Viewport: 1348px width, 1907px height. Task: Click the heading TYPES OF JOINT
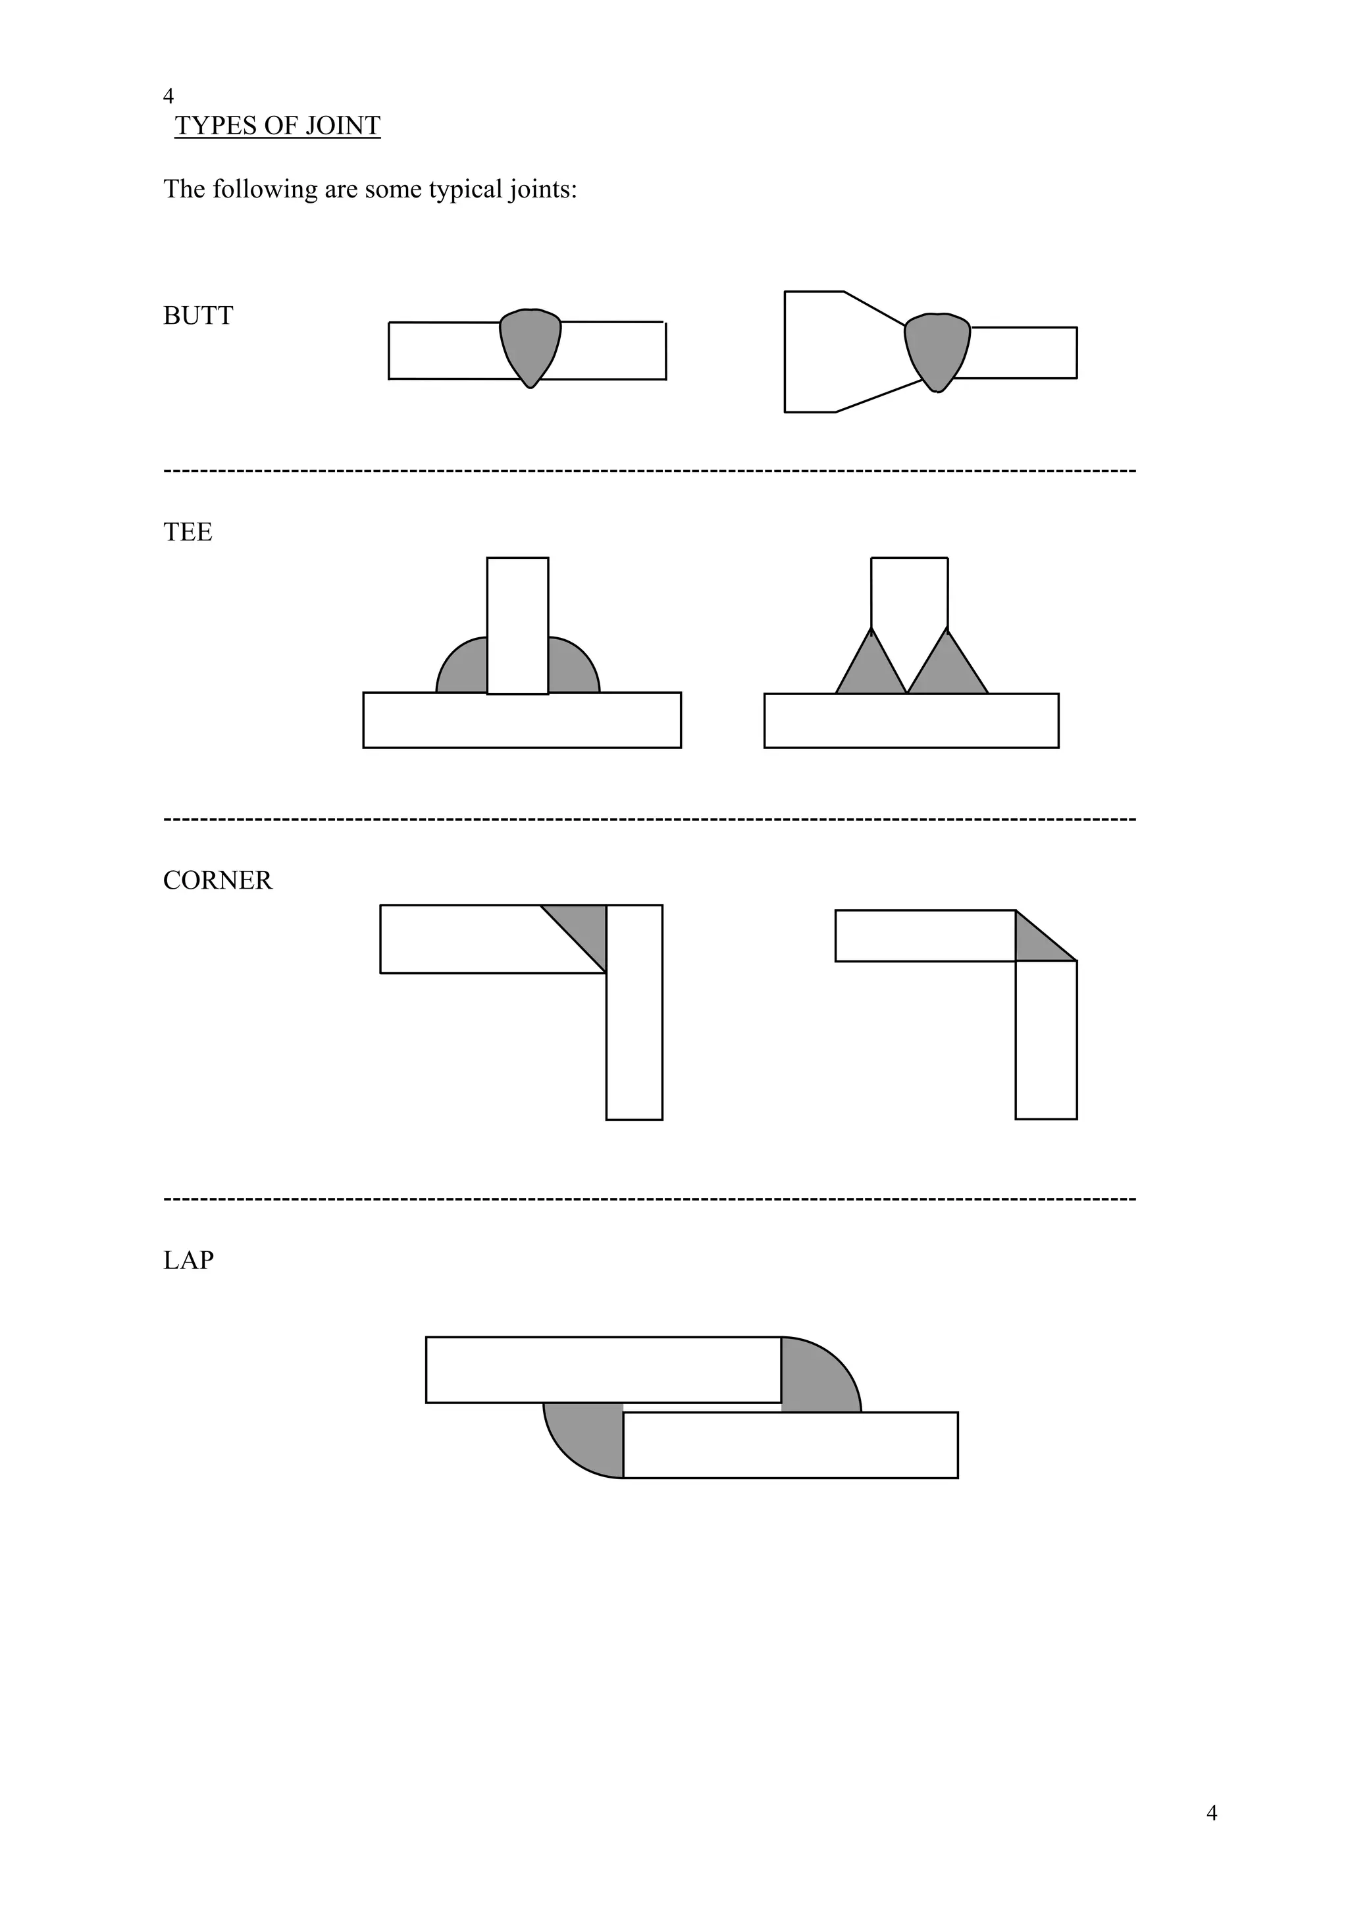(x=277, y=126)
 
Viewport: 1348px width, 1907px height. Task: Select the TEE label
(x=188, y=532)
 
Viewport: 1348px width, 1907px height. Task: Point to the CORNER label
(x=218, y=880)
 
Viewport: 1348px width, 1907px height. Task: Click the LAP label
(x=188, y=1260)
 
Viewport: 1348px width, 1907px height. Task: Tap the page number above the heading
(x=168, y=96)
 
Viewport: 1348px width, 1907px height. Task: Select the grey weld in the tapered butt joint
(x=937, y=347)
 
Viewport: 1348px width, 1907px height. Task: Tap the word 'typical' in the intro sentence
(x=466, y=190)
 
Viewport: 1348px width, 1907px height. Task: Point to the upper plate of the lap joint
(x=603, y=1370)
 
